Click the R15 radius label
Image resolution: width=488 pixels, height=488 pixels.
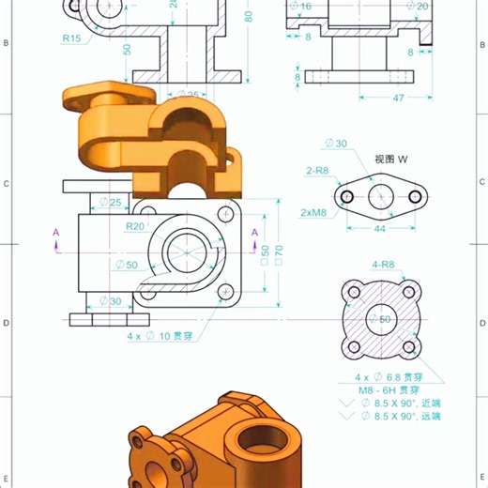pos(72,38)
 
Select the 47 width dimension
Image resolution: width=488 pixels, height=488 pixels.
pos(398,98)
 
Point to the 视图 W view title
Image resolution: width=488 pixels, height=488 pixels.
pos(393,159)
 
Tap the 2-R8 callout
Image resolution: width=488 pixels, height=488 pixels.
pos(316,171)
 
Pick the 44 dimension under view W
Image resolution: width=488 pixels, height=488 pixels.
pos(380,229)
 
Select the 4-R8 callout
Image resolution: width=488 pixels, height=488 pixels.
pos(383,265)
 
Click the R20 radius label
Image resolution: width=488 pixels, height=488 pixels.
pos(135,226)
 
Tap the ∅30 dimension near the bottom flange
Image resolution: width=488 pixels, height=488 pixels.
pos(111,301)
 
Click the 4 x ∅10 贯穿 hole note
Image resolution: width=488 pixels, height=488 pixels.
pos(164,335)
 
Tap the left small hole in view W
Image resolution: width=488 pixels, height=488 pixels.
pos(346,196)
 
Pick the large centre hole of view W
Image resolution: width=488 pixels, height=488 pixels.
pos(380,196)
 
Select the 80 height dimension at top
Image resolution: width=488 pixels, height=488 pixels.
pos(249,17)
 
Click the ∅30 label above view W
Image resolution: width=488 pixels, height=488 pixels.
pos(335,143)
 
